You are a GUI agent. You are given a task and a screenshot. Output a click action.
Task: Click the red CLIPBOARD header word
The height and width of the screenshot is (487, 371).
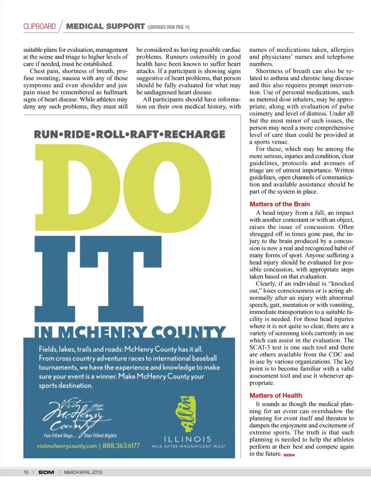[39, 26]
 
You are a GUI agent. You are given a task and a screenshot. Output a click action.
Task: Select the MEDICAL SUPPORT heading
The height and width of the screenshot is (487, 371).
[105, 26]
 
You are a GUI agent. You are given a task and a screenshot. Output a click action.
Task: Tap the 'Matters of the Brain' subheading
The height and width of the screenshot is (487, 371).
[279, 204]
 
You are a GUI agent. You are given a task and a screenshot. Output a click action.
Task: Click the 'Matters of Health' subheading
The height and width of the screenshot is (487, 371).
[275, 395]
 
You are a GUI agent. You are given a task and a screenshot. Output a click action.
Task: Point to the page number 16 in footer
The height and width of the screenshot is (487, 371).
[26, 472]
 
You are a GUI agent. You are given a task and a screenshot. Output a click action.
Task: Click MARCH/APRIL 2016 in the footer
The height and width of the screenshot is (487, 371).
[83, 472]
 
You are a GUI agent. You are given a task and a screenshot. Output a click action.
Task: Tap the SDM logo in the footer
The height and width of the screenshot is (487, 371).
[46, 472]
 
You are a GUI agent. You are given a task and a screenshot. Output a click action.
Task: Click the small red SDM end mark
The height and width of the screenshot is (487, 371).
[289, 455]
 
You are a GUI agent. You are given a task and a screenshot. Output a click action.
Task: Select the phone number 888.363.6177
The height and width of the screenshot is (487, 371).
[121, 446]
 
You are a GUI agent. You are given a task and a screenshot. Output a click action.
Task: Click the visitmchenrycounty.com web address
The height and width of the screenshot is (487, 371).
[67, 446]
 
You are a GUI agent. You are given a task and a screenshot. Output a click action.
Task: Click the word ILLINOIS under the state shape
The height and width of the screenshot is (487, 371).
[188, 439]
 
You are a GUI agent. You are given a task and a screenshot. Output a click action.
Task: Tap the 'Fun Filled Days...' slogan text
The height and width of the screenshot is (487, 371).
[60, 436]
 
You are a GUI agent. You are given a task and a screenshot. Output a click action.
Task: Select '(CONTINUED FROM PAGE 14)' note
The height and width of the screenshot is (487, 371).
[168, 27]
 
